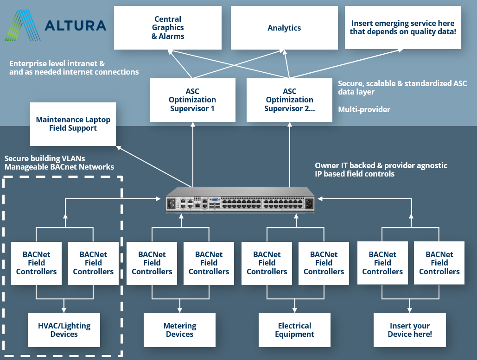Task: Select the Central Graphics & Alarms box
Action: coord(168,28)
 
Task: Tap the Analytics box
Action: coord(284,28)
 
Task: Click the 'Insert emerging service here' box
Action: coord(402,27)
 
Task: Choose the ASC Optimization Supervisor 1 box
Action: coord(192,100)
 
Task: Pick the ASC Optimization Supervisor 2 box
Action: coord(289,100)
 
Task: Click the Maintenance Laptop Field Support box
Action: coord(73,124)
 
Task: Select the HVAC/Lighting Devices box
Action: coord(64,330)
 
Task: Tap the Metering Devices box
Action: coord(179,330)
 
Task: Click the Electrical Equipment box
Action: coord(294,330)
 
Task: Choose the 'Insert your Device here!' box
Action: coord(410,330)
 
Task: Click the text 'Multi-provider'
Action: coord(364,110)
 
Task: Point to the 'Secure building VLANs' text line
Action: coord(45,158)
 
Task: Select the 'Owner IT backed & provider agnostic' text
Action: coord(381,165)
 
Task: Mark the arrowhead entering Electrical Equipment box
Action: coord(294,310)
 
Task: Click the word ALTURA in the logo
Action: coord(75,25)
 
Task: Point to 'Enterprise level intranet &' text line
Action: coord(57,63)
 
